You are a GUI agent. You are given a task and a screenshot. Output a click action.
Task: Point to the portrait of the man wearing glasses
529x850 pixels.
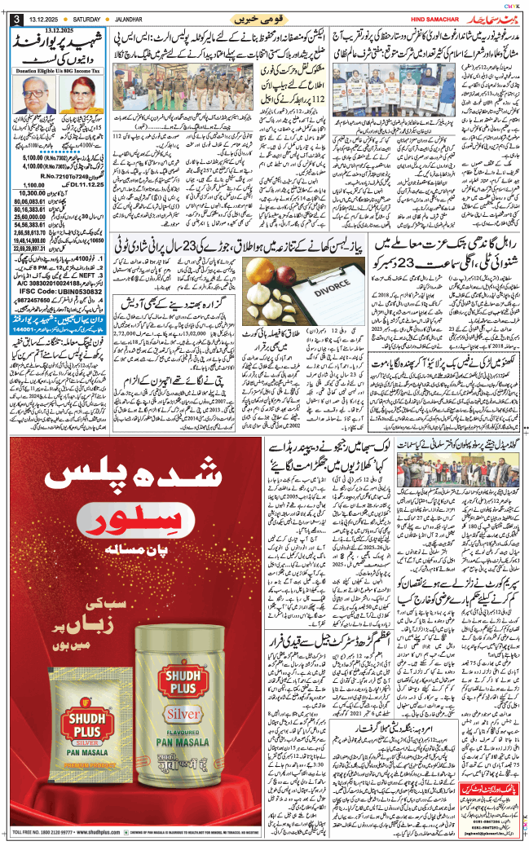coord(37,97)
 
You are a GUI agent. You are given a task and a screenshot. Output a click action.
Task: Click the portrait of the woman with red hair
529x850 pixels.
coord(81,97)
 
